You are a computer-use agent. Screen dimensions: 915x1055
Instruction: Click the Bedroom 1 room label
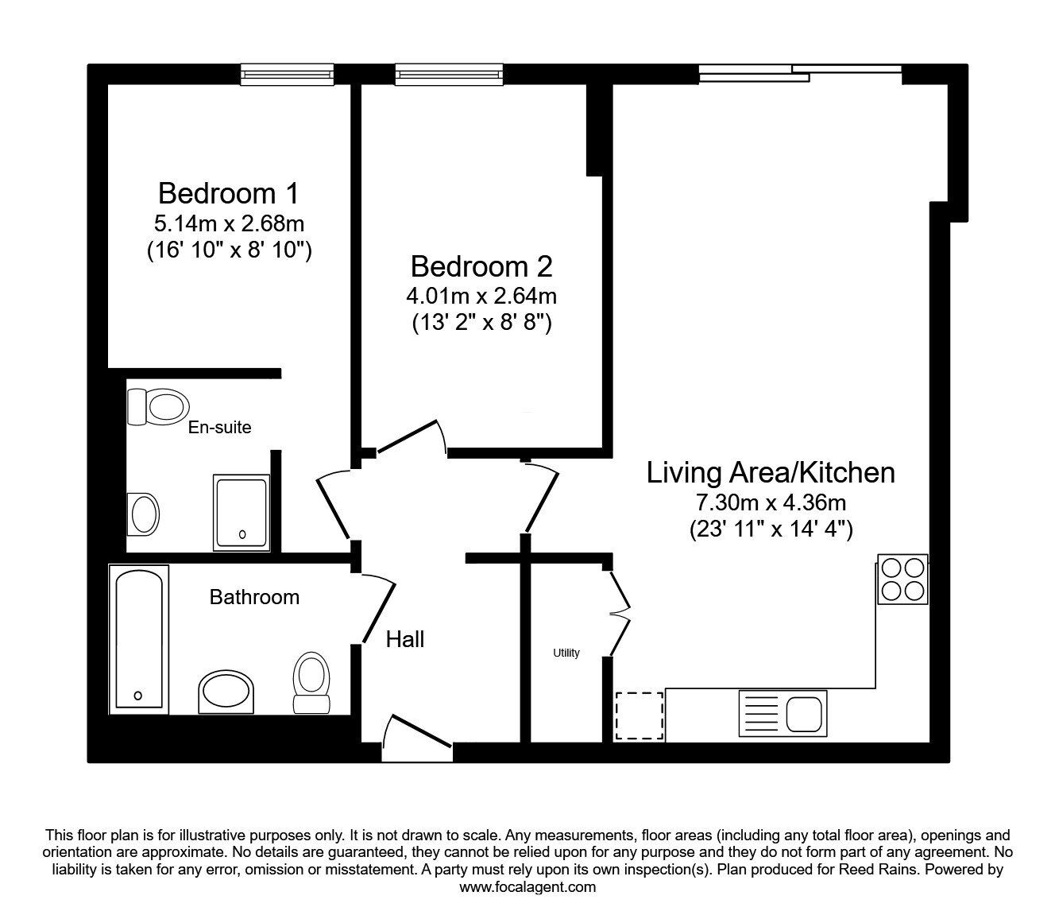229,193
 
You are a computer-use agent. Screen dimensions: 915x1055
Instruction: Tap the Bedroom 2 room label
481,266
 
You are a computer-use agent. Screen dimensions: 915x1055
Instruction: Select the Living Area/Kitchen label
770,472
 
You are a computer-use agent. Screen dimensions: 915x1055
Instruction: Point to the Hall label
405,639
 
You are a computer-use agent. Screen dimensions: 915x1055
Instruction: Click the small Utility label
566,653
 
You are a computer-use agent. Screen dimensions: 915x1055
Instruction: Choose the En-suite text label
219,428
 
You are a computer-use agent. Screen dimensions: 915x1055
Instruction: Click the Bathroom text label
254,597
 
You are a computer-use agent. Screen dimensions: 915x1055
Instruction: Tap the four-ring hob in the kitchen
903,579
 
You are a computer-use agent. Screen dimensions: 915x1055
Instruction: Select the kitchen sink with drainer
783,711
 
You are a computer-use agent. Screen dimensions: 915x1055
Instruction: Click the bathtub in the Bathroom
139,639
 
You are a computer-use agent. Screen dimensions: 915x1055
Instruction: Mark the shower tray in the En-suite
242,513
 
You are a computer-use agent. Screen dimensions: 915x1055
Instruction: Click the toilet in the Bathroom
311,682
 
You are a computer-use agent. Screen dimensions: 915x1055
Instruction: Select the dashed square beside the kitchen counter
640,715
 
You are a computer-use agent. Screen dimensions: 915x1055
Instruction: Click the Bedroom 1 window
288,75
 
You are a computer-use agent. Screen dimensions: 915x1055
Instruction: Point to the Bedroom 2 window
449,75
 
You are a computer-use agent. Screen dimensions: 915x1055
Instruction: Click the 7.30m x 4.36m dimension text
770,502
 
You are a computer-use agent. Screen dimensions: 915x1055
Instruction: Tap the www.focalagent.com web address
527,887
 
